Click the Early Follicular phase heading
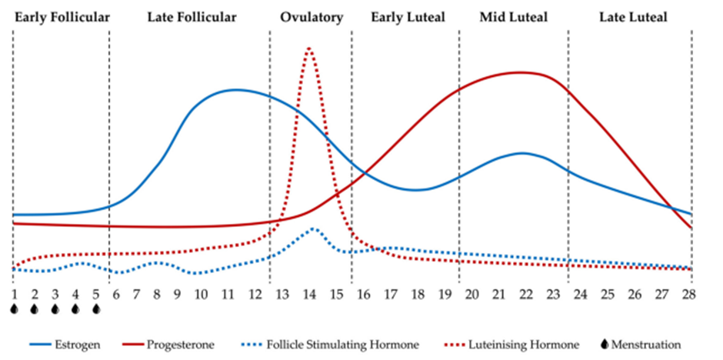(x=62, y=17)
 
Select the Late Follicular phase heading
(x=192, y=17)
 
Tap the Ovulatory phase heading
(x=312, y=17)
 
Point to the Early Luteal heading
(x=408, y=17)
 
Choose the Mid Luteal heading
(x=513, y=17)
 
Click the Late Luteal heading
(x=633, y=17)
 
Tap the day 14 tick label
(x=309, y=294)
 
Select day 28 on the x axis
(x=689, y=294)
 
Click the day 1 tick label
(x=14, y=294)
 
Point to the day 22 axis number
(x=524, y=294)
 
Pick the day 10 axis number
(x=200, y=294)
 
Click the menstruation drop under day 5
(x=96, y=309)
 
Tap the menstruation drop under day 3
(x=55, y=309)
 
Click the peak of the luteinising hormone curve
(x=309, y=48)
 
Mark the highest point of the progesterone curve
(x=521, y=72)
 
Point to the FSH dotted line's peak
(x=314, y=228)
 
